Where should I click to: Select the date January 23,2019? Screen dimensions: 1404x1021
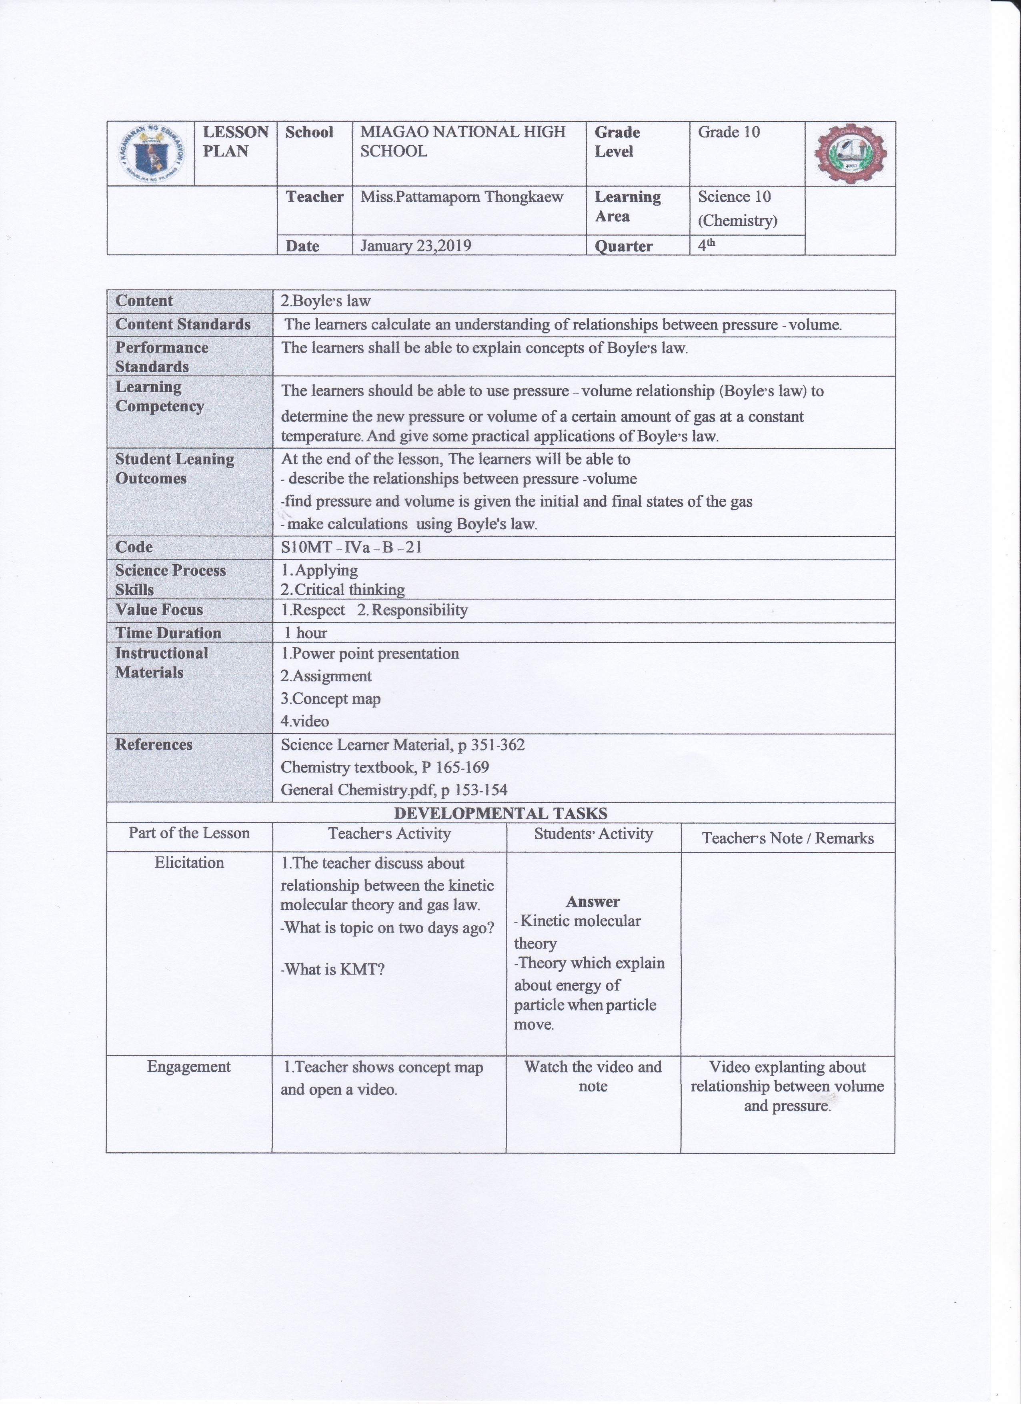tap(416, 246)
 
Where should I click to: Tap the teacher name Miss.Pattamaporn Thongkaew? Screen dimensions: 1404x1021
tap(462, 197)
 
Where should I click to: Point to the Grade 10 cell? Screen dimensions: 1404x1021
tap(729, 132)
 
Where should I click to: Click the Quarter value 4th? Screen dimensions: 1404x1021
tap(707, 245)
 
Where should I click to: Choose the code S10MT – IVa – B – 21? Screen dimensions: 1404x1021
tap(351, 547)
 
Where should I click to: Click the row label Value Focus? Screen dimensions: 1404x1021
tap(159, 610)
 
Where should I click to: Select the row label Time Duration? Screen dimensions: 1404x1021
tap(168, 633)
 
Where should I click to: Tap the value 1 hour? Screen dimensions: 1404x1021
tap(306, 633)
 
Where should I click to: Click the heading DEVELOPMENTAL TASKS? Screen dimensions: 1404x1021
tap(500, 813)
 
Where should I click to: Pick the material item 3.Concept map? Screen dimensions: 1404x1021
tap(330, 699)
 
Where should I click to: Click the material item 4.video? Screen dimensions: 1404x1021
tap(305, 721)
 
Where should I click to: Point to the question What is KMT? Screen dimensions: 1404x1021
tap(333, 969)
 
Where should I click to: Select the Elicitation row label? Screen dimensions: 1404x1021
tap(189, 863)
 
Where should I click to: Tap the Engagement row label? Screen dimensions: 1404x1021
tap(189, 1067)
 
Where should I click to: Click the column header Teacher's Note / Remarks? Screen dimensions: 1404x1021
tap(788, 838)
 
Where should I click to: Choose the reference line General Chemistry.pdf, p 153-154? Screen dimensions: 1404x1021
tap(394, 790)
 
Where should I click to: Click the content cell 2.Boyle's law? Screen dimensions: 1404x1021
tap(326, 301)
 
